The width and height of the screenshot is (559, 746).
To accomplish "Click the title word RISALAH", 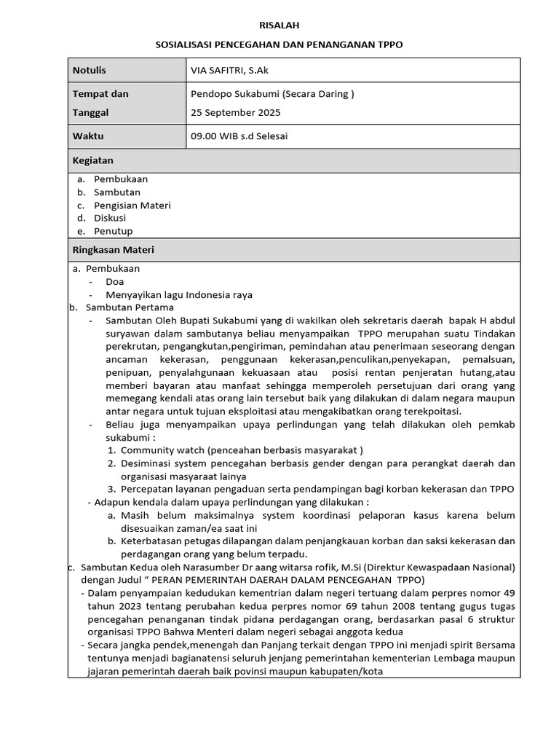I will click(279, 25).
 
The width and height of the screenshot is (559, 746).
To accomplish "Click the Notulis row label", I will click(89, 70).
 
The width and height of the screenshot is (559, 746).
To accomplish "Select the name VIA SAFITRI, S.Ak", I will click(229, 70).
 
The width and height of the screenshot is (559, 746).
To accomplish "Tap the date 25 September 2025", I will click(235, 112).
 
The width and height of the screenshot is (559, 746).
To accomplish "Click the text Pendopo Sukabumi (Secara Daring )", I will click(272, 93).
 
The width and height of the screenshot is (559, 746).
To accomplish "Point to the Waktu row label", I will click(88, 136).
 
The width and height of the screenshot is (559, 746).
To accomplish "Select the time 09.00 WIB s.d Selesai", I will click(244, 136).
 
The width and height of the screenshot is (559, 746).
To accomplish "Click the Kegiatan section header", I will click(92, 160).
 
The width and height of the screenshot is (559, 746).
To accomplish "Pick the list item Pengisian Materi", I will click(132, 205).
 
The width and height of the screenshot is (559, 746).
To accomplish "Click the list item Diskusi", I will click(109, 218).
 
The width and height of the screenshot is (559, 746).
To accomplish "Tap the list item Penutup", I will click(113, 231).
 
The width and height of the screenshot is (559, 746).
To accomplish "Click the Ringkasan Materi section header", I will click(113, 249).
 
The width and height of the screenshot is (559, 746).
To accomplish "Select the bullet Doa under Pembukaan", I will click(114, 281).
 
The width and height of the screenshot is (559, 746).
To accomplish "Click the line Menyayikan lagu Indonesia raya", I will click(178, 294).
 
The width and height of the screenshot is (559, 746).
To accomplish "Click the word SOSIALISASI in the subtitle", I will click(188, 44).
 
